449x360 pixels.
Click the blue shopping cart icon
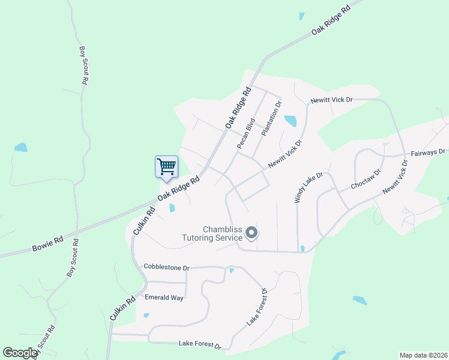click(166, 166)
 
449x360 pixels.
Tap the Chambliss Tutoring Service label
click(214, 233)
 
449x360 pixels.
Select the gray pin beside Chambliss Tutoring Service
click(252, 232)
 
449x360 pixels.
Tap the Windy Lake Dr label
click(309, 188)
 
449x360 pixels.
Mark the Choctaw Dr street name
click(366, 179)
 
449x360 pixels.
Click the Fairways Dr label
click(428, 153)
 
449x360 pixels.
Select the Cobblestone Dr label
click(166, 266)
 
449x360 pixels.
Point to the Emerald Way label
click(164, 297)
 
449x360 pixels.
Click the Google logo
click(20, 353)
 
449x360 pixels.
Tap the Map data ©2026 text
click(423, 355)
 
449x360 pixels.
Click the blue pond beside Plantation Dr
click(290, 121)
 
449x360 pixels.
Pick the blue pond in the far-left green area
click(21, 147)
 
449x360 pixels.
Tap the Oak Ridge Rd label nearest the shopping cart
click(178, 188)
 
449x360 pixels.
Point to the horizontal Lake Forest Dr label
click(199, 344)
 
